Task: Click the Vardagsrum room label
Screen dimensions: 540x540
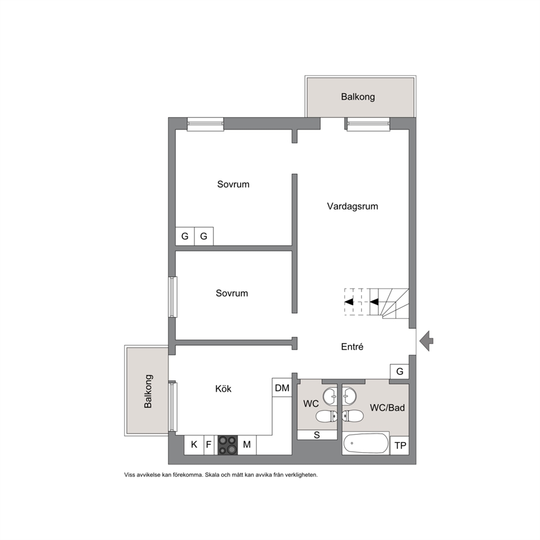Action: (x=352, y=206)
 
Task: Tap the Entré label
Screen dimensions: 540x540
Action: (x=352, y=346)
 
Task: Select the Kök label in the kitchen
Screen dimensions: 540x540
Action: (x=223, y=389)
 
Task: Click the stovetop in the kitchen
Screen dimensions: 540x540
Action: (x=228, y=445)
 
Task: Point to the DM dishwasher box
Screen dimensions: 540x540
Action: (x=282, y=388)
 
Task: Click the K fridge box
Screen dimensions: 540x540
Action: (x=194, y=445)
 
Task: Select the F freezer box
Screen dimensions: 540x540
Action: (x=208, y=445)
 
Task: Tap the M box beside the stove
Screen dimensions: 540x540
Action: (x=247, y=445)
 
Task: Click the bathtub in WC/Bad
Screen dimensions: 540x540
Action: (x=366, y=443)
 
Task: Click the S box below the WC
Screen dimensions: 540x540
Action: (x=317, y=435)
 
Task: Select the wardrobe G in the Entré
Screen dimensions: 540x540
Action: (x=400, y=372)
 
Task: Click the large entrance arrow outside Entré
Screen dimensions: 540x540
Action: (x=426, y=341)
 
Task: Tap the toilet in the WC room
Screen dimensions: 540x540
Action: (x=327, y=416)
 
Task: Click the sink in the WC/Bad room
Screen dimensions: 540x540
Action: (x=349, y=396)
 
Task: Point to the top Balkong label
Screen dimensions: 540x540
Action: (x=358, y=97)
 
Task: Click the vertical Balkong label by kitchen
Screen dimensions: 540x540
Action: (x=148, y=391)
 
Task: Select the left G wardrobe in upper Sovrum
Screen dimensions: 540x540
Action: (x=185, y=236)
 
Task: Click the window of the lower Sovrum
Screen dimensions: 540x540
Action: (x=173, y=297)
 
